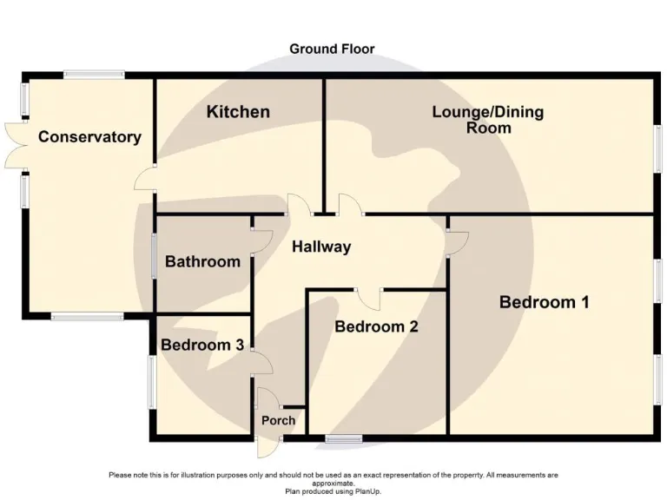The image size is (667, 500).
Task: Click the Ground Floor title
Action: point(333,49)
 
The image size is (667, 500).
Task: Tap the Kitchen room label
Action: point(238,112)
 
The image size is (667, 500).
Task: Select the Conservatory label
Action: point(89,137)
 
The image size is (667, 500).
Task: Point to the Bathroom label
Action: point(202,261)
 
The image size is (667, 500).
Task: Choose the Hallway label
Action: point(321,247)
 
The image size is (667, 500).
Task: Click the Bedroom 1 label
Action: point(545,302)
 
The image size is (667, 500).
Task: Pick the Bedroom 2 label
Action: point(377,326)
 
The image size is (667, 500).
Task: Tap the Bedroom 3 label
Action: point(202,345)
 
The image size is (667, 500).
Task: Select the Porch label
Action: point(279,420)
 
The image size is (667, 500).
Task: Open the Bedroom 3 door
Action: point(260,362)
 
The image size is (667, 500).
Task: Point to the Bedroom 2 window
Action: point(344,439)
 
